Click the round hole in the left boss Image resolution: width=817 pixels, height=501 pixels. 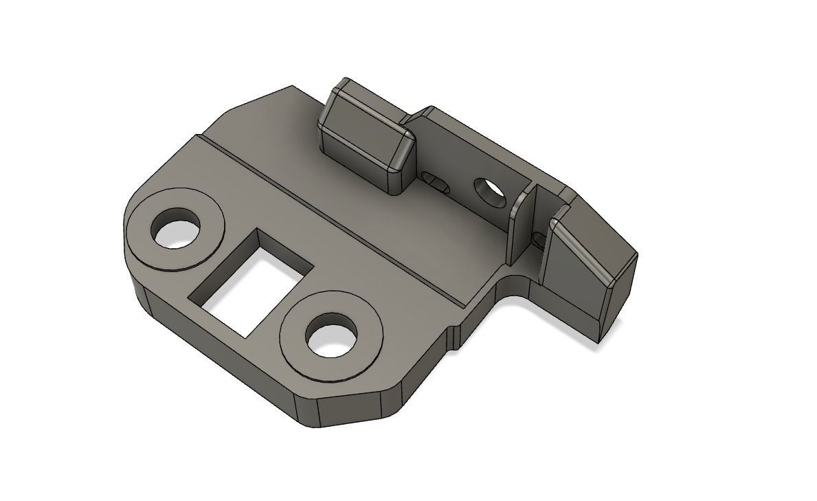(x=177, y=232)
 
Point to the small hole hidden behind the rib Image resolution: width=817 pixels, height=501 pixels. (x=540, y=240)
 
